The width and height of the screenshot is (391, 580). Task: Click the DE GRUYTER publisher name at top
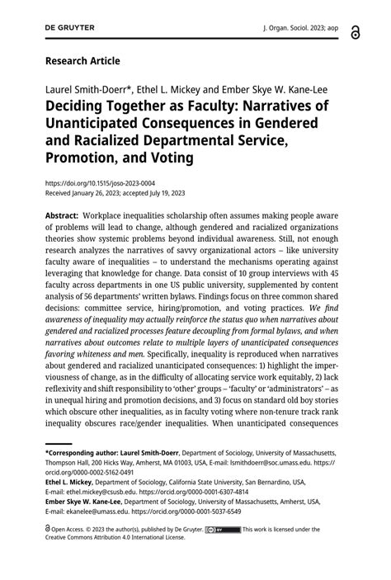(70, 27)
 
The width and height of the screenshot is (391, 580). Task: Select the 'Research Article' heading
(82, 60)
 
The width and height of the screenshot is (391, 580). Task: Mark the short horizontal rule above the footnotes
(59, 443)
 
